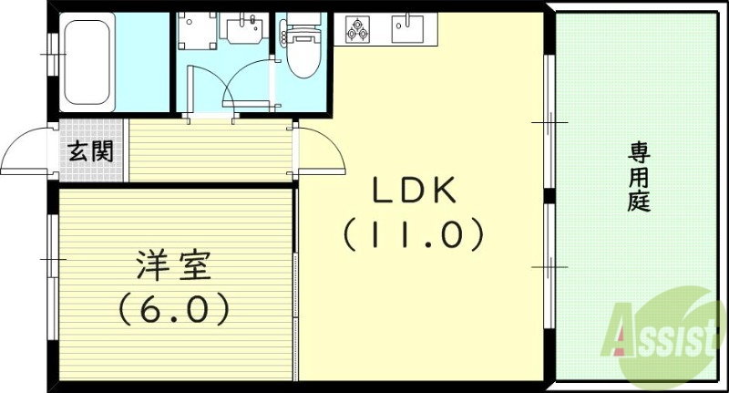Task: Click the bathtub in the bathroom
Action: (x=87, y=63)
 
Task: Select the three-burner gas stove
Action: (x=357, y=30)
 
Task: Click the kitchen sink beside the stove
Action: (x=406, y=29)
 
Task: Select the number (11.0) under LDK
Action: (x=412, y=236)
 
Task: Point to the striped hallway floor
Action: (x=210, y=150)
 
